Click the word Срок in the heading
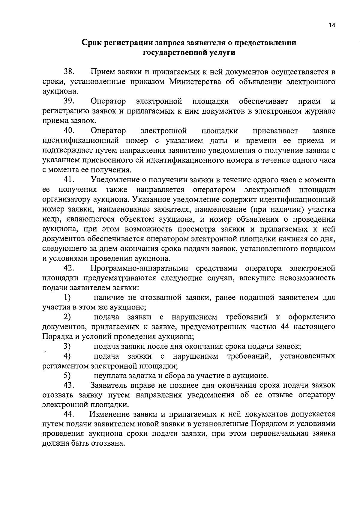pyautogui.click(x=91, y=43)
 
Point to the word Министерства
pyautogui.click(x=196, y=82)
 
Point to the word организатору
pyautogui.click(x=66, y=199)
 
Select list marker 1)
pyautogui.click(x=67, y=297)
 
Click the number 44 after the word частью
pyautogui.click(x=284, y=327)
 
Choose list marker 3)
pyautogui.click(x=67, y=346)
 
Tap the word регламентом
pyautogui.click(x=66, y=366)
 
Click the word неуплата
pyautogui.click(x=110, y=376)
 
